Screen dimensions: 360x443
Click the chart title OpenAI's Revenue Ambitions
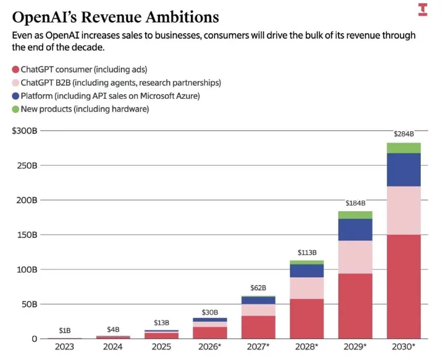(115, 16)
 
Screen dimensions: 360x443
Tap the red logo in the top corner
(423, 9)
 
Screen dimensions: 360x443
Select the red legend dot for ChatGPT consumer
(15, 69)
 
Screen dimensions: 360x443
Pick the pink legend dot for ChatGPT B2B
(15, 83)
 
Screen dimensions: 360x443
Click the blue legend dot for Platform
(15, 96)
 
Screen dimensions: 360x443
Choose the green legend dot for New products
(15, 109)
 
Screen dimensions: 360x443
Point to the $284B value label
(403, 134)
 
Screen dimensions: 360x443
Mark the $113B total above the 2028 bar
(307, 253)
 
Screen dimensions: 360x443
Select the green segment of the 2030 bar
(403, 148)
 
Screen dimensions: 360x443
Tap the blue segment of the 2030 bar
(403, 170)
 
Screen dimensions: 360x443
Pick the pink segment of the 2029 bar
(355, 257)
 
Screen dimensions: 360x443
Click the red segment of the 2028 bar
(307, 319)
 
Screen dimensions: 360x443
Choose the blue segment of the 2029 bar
(355, 230)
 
